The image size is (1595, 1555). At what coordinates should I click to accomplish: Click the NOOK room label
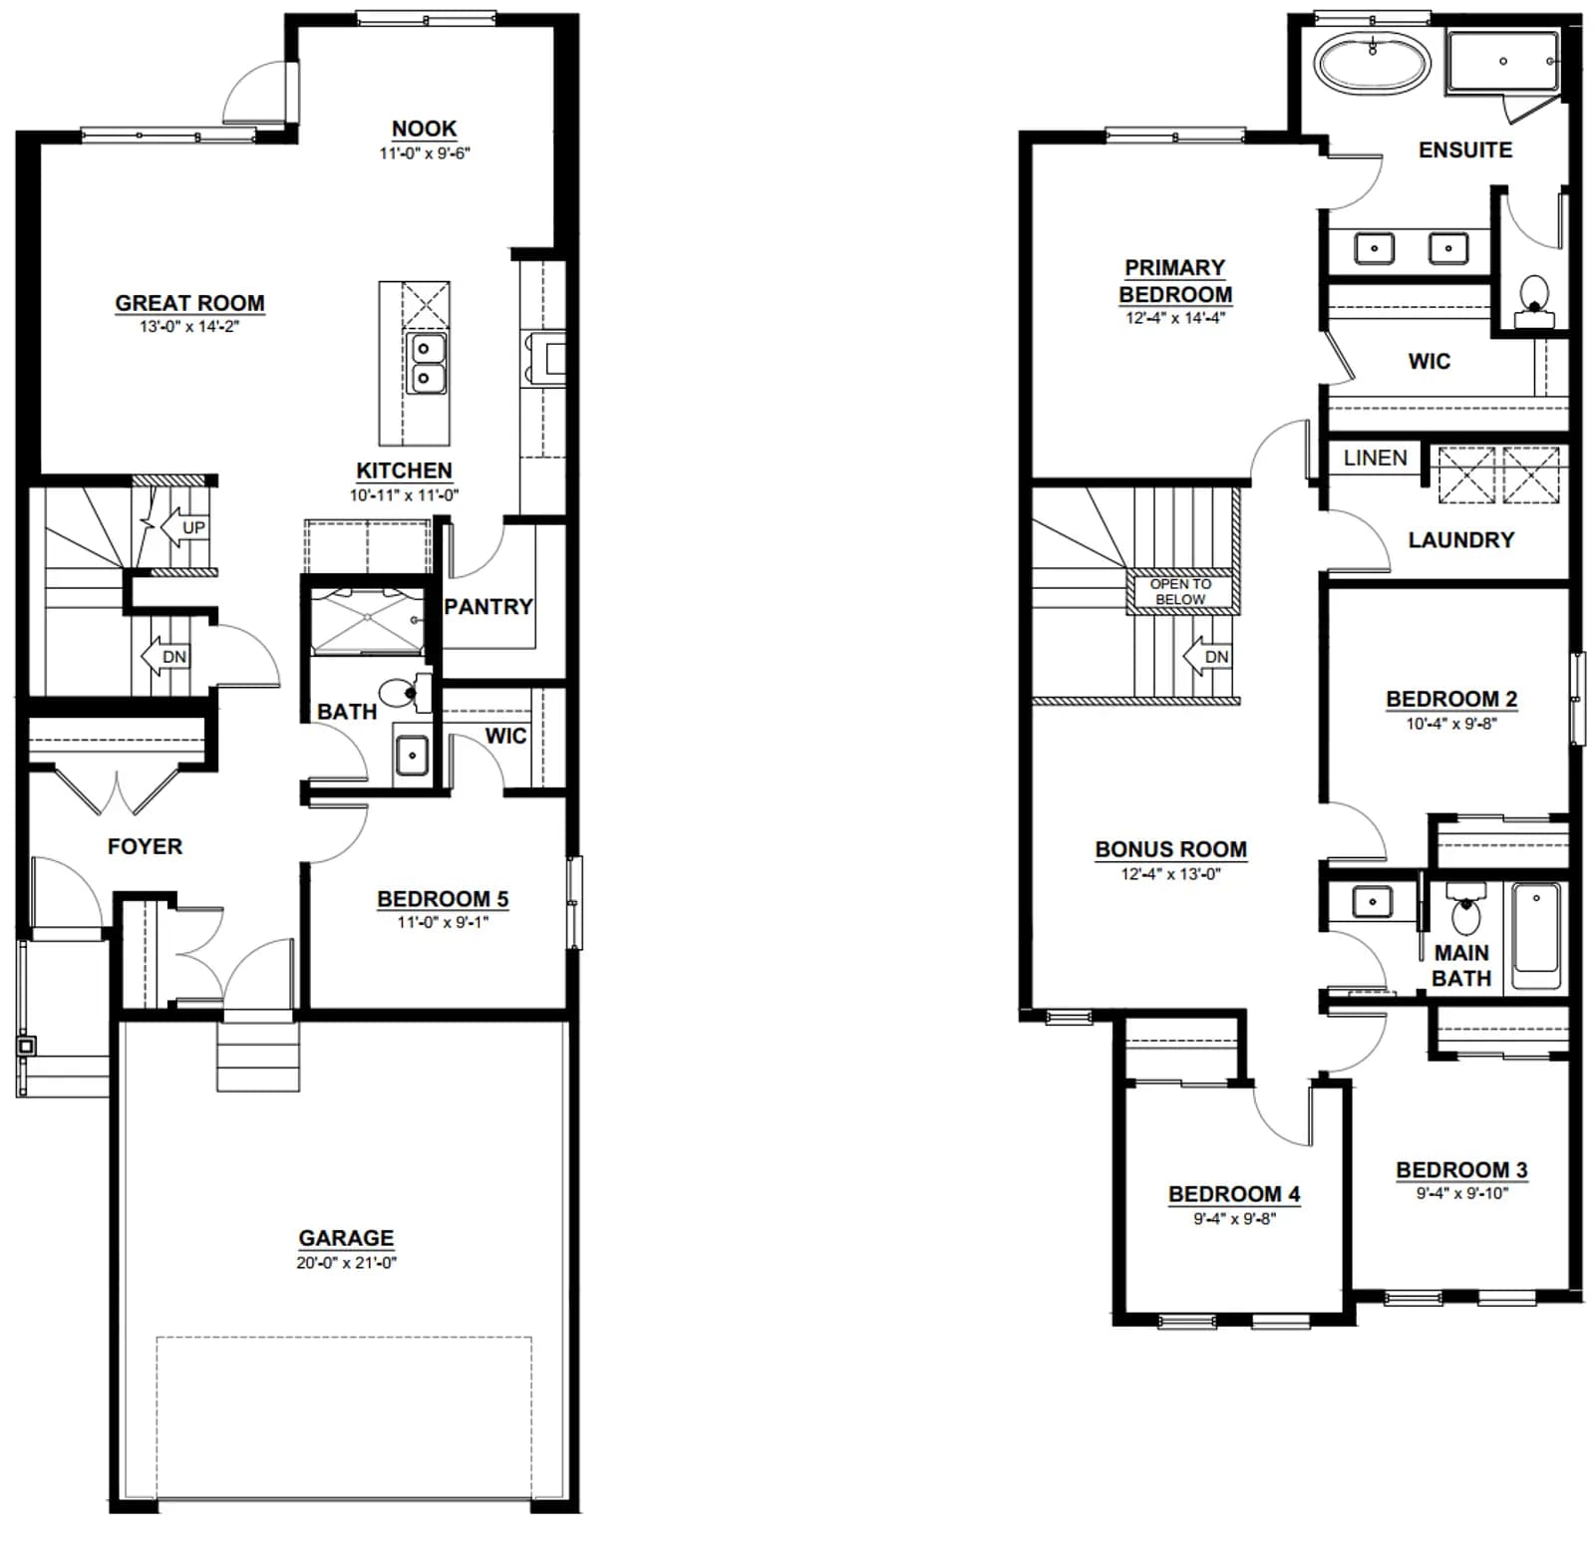(x=424, y=129)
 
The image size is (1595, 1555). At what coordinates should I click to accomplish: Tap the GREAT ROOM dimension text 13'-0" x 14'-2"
(x=189, y=327)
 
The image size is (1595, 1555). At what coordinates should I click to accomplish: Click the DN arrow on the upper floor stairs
(x=1206, y=657)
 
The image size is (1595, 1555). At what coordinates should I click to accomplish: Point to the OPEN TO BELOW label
(x=1180, y=591)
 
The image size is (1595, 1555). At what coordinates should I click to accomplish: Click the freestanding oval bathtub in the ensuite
(x=1373, y=64)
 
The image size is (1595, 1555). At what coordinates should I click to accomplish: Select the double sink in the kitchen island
(x=426, y=363)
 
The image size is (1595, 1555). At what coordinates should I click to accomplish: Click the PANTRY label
(x=488, y=607)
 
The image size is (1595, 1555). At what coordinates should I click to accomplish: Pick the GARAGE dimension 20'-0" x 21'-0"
(x=346, y=1263)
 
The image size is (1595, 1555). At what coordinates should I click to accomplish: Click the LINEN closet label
(x=1375, y=458)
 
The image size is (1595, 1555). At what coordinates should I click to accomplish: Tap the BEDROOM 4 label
(x=1234, y=1194)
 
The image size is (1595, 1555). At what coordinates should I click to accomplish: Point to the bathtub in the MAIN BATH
(x=1536, y=936)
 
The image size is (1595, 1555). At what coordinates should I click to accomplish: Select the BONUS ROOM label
(x=1170, y=849)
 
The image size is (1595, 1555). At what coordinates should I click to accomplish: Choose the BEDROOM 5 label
(x=443, y=899)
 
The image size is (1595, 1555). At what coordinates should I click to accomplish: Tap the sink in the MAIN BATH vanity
(x=1373, y=902)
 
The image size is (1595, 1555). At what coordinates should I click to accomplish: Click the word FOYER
(x=145, y=846)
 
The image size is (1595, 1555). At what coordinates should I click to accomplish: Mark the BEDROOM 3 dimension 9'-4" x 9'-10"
(x=1461, y=1193)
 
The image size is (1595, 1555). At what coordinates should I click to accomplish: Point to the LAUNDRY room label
(x=1460, y=540)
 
